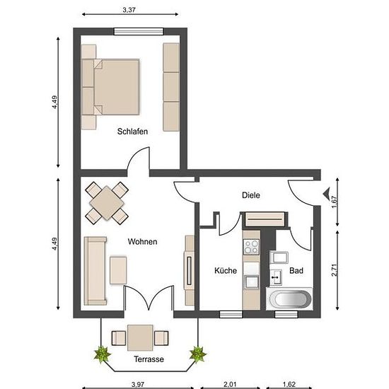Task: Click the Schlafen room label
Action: point(132,132)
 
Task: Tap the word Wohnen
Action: point(142,241)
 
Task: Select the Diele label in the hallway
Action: point(251,195)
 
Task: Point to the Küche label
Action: point(226,270)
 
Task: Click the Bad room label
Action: point(296,270)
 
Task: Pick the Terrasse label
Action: point(149,359)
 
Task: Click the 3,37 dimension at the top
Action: point(129,10)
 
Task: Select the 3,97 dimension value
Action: point(138,385)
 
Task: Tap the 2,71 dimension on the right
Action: point(335,270)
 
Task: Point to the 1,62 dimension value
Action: point(289,385)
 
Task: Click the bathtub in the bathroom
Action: point(289,298)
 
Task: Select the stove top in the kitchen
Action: point(251,247)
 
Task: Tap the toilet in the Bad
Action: point(279,257)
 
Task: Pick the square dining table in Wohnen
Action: point(107,203)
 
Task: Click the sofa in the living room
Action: point(95,271)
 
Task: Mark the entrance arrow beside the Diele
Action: point(327,192)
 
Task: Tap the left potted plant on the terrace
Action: point(102,354)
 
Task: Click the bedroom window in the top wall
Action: point(139,31)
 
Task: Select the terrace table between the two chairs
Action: point(140,337)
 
